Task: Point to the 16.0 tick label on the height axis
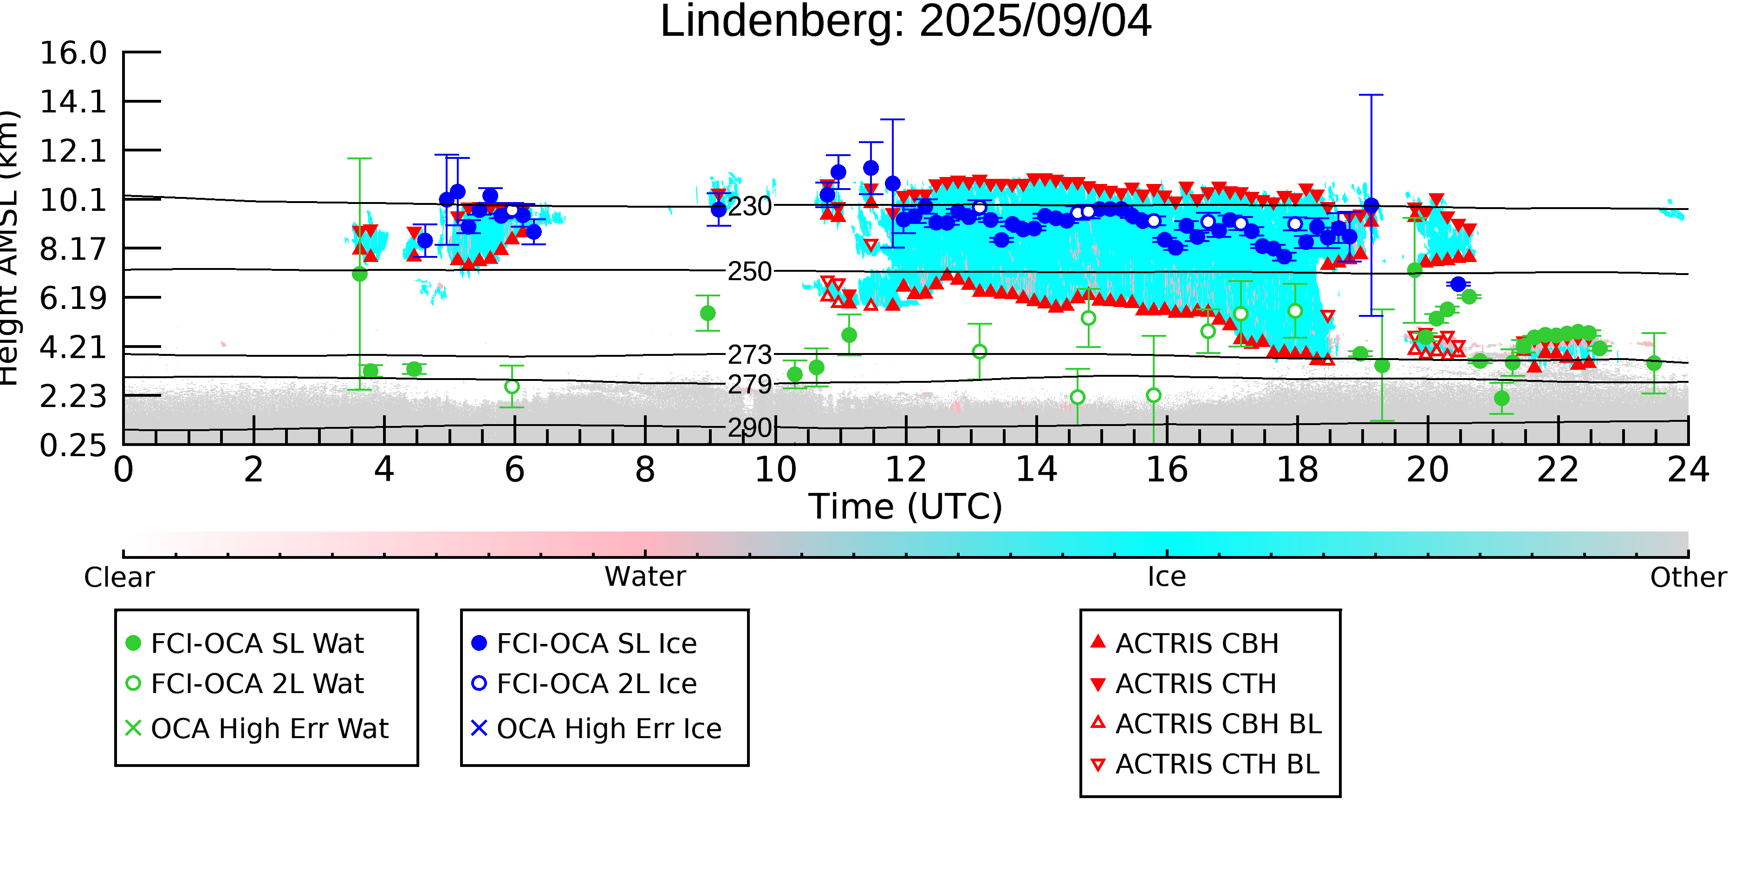pyautogui.click(x=73, y=53)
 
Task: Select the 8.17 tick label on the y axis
pyautogui.click(x=73, y=249)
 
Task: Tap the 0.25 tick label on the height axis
pyautogui.click(x=73, y=445)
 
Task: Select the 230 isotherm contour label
pyautogui.click(x=749, y=206)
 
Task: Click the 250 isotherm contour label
pyautogui.click(x=749, y=272)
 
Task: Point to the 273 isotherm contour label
pyautogui.click(x=749, y=354)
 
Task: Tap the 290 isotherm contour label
pyautogui.click(x=749, y=428)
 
